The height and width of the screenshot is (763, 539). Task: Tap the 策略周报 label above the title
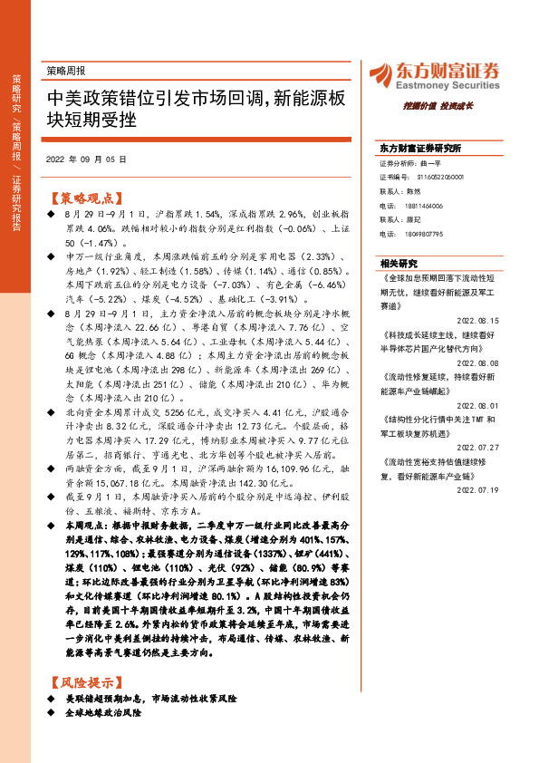click(x=65, y=69)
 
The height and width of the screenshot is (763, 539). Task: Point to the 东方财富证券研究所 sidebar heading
click(x=420, y=148)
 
